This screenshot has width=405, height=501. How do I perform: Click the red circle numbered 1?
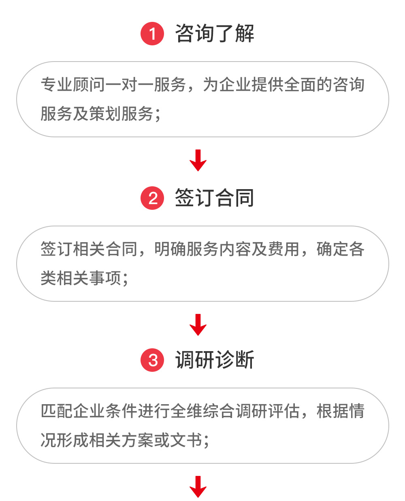pos(152,34)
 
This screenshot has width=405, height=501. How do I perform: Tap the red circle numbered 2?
pos(152,198)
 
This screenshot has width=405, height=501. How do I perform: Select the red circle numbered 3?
pos(152,360)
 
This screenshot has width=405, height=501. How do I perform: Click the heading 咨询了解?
pos(215,33)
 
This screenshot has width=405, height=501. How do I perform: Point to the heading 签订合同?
pos(215,198)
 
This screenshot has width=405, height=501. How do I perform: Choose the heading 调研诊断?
pos(215,360)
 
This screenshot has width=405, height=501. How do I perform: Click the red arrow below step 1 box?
pos(198,160)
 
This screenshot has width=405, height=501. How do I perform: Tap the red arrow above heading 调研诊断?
pos(198,324)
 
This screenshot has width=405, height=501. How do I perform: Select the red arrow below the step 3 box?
pos(198,487)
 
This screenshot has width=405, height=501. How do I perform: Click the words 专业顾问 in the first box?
pos(73,84)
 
